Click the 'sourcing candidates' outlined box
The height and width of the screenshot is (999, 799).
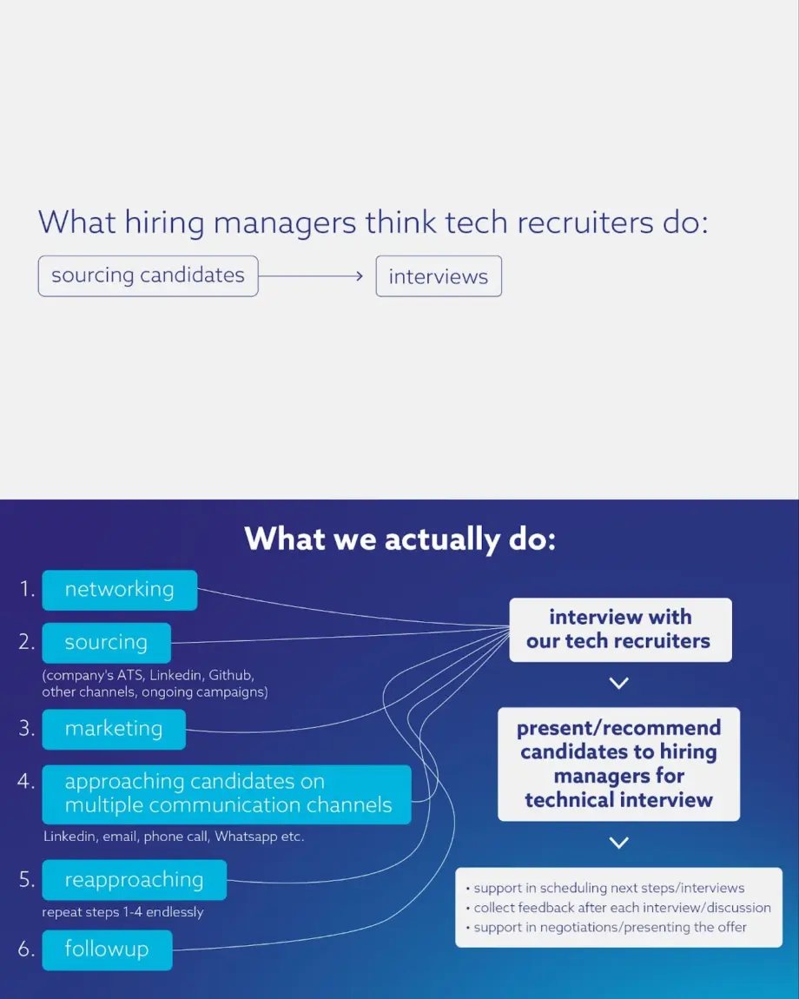(x=148, y=276)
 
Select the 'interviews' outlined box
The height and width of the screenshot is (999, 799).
(x=439, y=276)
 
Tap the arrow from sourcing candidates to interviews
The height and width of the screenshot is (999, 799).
(x=311, y=276)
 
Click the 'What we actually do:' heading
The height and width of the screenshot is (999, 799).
(x=400, y=539)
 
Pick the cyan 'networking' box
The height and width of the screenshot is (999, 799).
(x=120, y=590)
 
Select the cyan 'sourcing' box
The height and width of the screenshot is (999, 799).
(x=107, y=643)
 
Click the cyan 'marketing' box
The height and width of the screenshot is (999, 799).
(x=114, y=729)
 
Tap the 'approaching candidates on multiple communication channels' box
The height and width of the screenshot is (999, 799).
(x=227, y=794)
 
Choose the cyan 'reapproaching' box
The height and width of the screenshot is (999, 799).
(x=135, y=880)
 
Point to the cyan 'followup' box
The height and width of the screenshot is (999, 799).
(x=107, y=950)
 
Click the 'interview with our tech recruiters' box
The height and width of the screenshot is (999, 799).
(x=621, y=630)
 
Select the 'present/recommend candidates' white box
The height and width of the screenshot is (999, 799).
(x=618, y=764)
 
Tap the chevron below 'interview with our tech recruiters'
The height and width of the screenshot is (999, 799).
(x=619, y=683)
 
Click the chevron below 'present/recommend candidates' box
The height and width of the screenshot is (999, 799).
(x=619, y=843)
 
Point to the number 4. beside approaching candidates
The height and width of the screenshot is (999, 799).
(x=26, y=781)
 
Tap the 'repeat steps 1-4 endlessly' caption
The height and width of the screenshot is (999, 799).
(x=123, y=912)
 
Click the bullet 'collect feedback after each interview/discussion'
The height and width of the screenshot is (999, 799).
(x=618, y=907)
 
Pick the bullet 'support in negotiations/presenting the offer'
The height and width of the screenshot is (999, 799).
(x=606, y=927)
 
